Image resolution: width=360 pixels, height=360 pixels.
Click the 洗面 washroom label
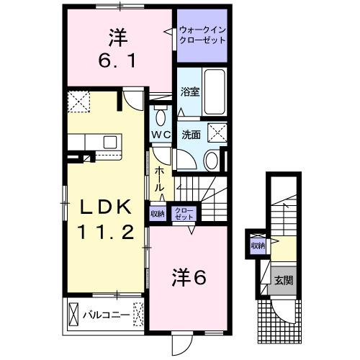pyautogui.click(x=190, y=134)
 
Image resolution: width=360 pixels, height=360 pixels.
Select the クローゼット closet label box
pyautogui.click(x=185, y=213)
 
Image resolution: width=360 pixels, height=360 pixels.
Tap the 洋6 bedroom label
pyautogui.click(x=189, y=277)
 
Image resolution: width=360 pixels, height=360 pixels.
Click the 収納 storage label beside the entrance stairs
pyautogui.click(x=257, y=246)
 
